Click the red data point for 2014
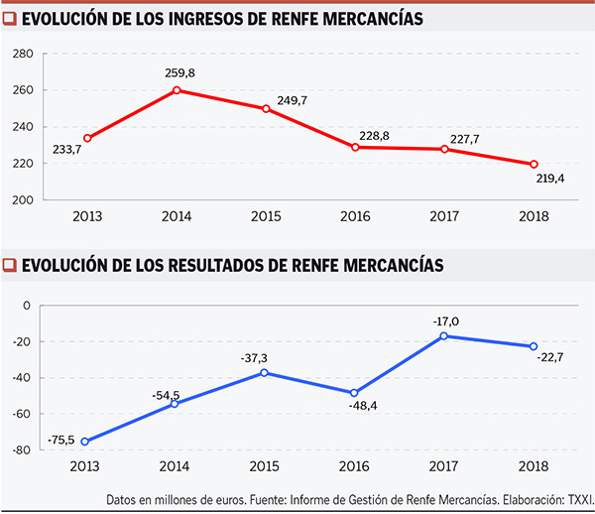pos(177,90)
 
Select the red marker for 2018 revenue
pos(534,165)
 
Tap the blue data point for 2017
pos(444,336)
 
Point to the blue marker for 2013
pos(86,442)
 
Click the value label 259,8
pos(176,72)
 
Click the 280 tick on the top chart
pos(24,54)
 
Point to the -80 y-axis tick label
pos(22,450)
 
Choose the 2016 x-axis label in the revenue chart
pos(355,214)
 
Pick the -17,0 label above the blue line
pos(445,321)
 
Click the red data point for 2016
pos(355,147)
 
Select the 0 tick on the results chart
pos(28,305)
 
